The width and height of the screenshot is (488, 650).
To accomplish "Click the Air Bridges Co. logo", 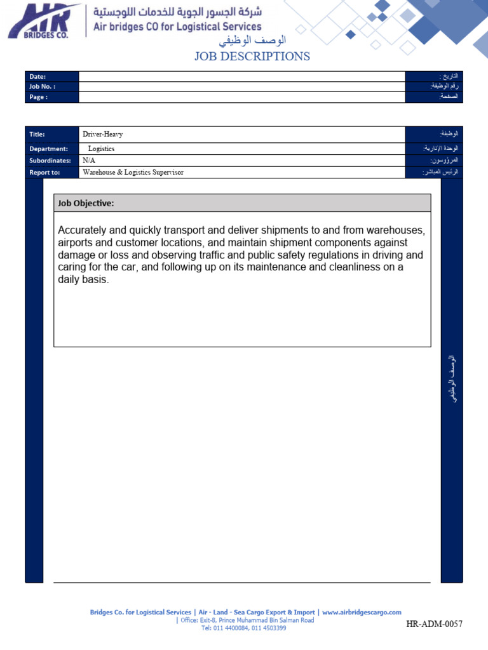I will tap(44, 21).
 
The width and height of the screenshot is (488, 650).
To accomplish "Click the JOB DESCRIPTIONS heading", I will tap(252, 56).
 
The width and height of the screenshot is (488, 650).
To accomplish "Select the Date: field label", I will tap(37, 77).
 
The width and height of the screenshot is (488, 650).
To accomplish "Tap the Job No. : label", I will tap(42, 86).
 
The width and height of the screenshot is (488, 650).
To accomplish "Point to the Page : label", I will tap(38, 97).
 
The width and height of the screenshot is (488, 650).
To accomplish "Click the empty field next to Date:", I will tap(241, 77).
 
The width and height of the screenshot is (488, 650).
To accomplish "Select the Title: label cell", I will tap(37, 135).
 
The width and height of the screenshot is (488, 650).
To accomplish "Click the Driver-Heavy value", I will tap(102, 135).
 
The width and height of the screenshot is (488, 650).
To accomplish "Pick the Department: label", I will tap(48, 149).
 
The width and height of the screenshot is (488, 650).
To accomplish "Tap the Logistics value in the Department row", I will tap(102, 149).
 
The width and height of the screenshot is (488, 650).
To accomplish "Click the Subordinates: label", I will tap(50, 161).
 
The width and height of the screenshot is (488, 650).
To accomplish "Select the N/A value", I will tap(89, 161).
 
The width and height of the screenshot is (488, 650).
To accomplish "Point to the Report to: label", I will tap(44, 172).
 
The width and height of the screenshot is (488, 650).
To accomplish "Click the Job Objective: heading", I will tap(86, 203).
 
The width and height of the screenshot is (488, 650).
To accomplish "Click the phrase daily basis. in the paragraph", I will tap(83, 279).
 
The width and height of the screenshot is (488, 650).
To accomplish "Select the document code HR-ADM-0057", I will tap(435, 625).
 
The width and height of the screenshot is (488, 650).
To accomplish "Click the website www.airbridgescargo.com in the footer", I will tap(362, 613).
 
